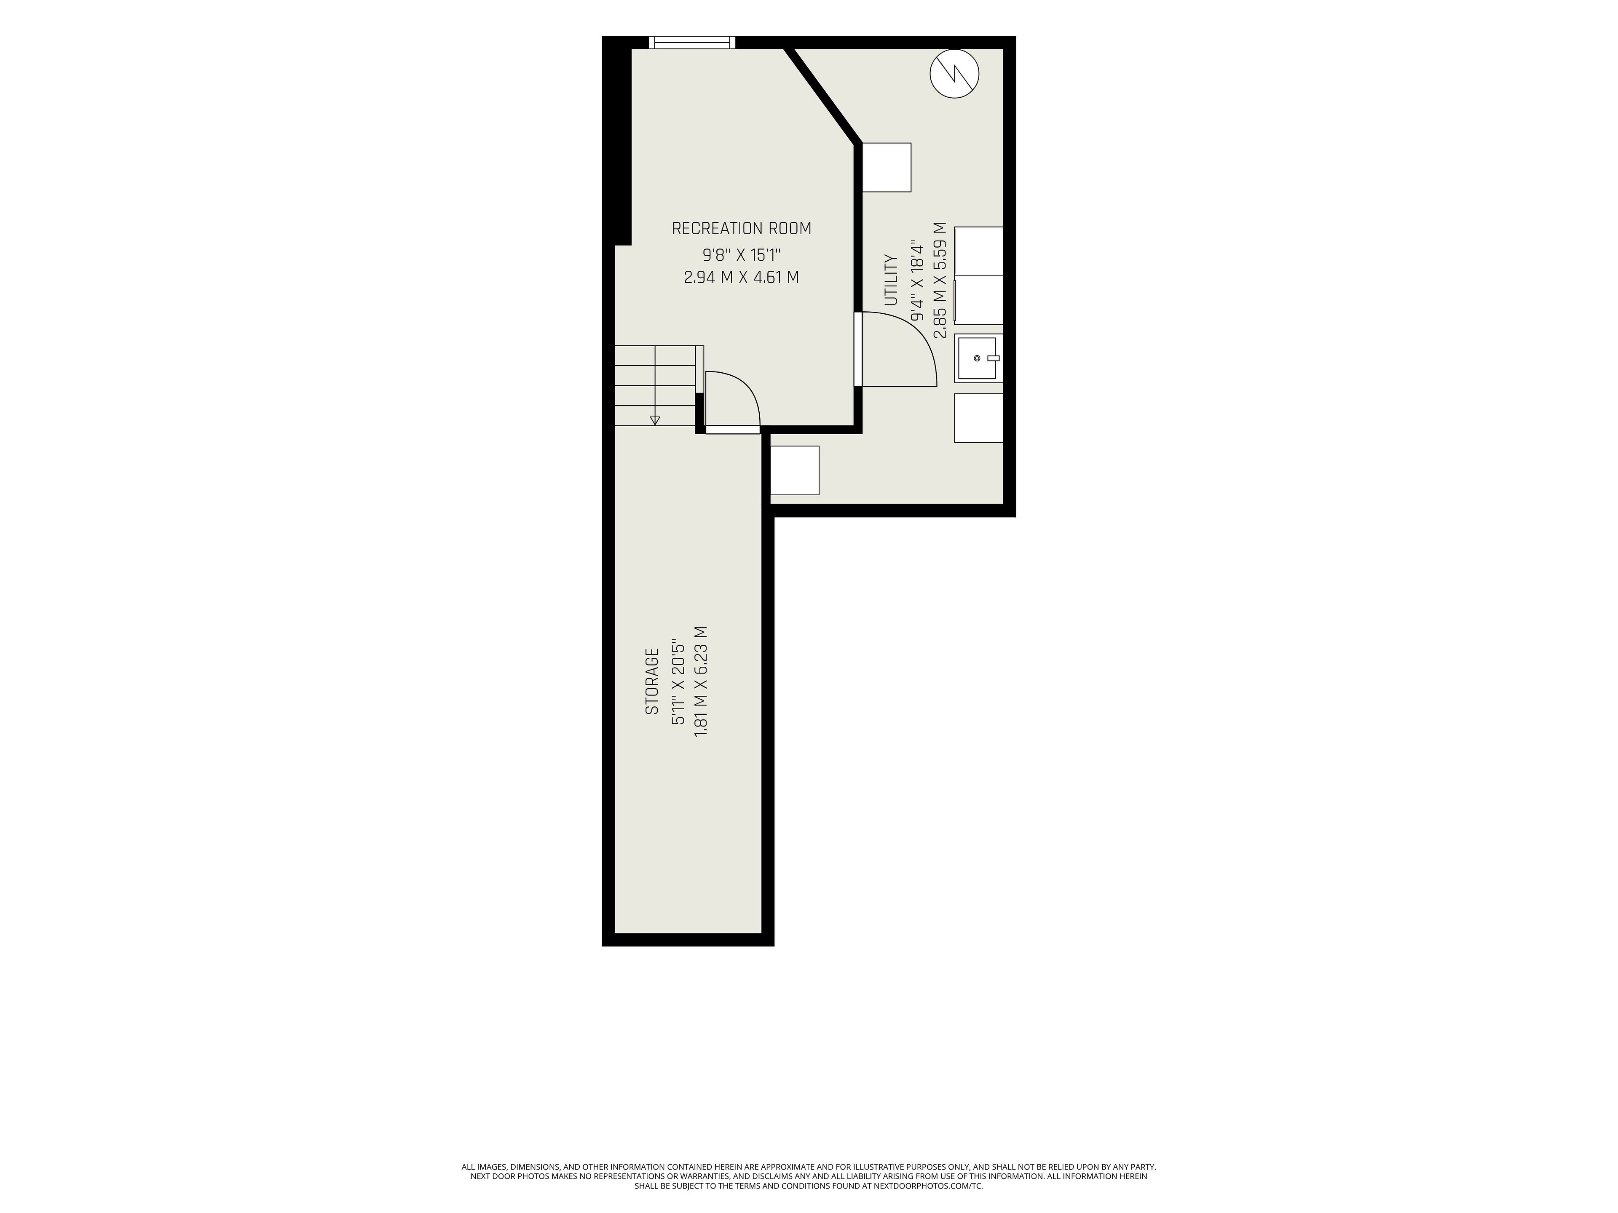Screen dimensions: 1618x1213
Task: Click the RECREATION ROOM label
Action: pyautogui.click(x=741, y=229)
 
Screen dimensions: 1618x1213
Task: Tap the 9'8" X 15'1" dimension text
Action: pyautogui.click(x=742, y=255)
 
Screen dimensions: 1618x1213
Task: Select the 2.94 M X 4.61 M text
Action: pyautogui.click(x=741, y=278)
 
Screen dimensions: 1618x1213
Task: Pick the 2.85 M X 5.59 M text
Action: pyautogui.click(x=940, y=280)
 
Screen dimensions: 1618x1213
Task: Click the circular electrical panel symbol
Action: pyautogui.click(x=954, y=73)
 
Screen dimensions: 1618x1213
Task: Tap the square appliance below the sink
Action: pyautogui.click(x=979, y=418)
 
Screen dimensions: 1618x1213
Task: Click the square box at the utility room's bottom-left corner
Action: pyautogui.click(x=795, y=470)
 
